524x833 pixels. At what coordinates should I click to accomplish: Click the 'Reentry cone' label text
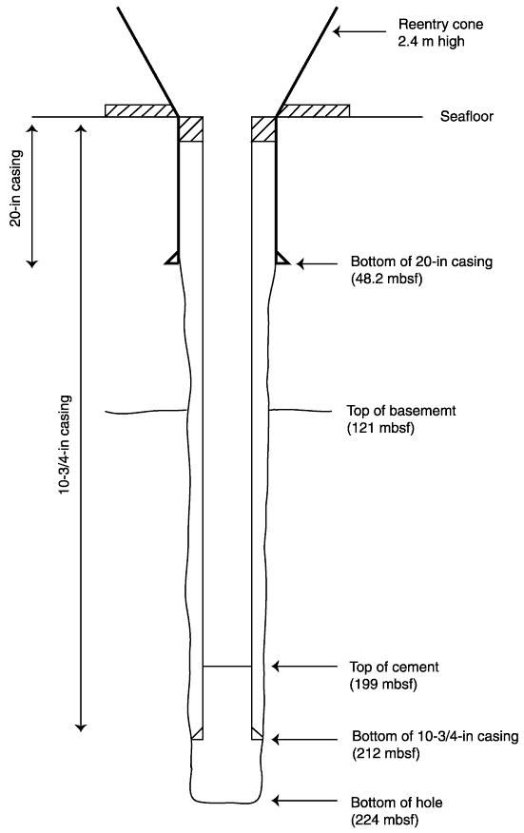440,24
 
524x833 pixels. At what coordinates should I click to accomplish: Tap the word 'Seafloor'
466,116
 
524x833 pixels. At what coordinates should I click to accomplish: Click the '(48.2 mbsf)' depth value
386,279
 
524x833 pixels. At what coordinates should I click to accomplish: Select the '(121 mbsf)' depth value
380,428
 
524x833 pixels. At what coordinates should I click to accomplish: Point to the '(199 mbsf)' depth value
383,684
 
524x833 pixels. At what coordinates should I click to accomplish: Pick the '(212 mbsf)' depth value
386,753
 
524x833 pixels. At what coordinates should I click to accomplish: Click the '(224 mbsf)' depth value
384,819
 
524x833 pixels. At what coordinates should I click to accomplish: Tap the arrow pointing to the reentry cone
359,32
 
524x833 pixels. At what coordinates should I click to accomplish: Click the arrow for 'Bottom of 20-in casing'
317,263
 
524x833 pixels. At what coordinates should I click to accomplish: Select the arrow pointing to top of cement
304,666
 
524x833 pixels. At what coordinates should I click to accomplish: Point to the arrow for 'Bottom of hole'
304,800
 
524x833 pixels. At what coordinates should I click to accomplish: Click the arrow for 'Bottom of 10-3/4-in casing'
304,739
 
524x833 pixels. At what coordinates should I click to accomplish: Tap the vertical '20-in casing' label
17,188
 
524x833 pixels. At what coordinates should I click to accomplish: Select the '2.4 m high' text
431,41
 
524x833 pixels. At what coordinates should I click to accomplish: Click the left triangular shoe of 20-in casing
172,258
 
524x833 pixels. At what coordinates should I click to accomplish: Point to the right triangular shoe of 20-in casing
282,258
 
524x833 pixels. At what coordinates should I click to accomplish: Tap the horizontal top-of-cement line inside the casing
227,666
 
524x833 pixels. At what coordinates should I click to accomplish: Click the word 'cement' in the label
417,667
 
